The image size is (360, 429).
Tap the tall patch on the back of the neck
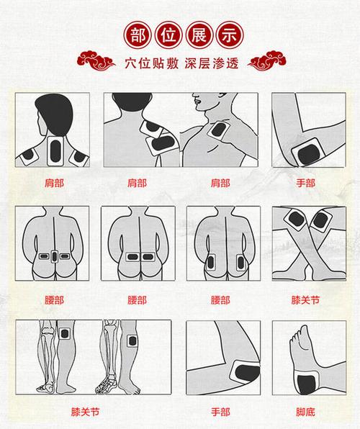coord(55,150)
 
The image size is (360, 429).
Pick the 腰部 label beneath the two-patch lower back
coord(137,297)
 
